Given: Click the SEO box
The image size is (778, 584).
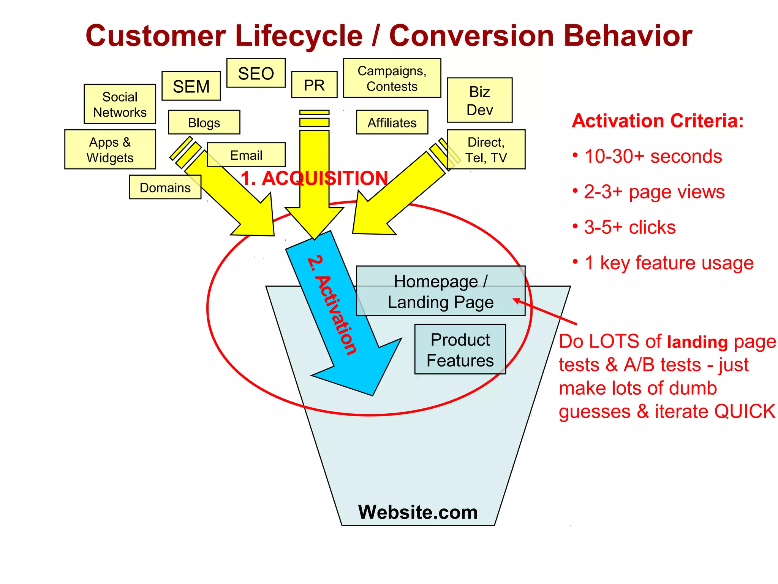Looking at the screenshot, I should tap(256, 73).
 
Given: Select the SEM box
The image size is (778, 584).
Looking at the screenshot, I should tap(191, 86).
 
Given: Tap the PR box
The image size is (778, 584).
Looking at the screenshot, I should tap(314, 85).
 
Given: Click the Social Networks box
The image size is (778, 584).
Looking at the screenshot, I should tap(120, 104).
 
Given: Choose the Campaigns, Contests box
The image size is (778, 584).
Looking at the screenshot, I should tap(392, 78).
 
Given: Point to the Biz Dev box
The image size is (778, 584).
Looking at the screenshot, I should tap(479, 100).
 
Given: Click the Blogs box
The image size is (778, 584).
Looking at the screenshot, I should tap(204, 122).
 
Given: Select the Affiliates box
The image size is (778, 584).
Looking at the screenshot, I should tap(392, 122).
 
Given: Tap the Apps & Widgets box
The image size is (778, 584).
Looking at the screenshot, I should tap(110, 149).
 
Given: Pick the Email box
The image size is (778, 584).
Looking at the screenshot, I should tap(246, 155).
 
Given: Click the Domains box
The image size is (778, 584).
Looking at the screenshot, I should tap(165, 187).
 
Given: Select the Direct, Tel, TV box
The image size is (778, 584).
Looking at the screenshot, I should tap(486, 149).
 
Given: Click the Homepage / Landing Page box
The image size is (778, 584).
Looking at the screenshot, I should tap(441, 291).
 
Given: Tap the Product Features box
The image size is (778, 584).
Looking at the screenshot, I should tap(460, 349).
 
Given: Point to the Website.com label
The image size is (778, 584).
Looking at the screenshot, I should tap(418, 512).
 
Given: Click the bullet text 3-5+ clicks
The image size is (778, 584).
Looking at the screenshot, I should tap(629, 227).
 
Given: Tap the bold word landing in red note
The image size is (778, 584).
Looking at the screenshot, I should tap(697, 342).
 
